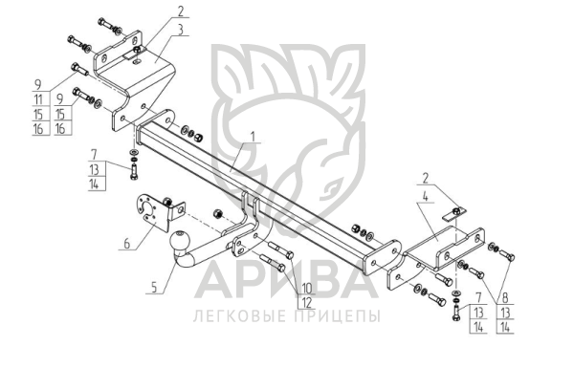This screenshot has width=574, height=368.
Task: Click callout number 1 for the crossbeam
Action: coord(253,137)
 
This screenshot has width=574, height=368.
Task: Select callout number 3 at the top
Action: coord(181,30)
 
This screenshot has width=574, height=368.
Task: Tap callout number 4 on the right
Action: coord(425,196)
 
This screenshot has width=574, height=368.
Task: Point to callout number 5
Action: coord(154,288)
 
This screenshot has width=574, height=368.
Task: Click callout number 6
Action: coord(126,243)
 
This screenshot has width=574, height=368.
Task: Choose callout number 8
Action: coord(505,298)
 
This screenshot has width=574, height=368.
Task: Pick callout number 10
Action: coord(307,289)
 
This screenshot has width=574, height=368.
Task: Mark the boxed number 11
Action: coord(38,99)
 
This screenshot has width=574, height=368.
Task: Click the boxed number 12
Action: coord(307,303)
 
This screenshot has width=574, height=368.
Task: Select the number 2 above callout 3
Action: coord(181,11)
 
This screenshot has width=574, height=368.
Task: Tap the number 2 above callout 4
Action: coord(426,179)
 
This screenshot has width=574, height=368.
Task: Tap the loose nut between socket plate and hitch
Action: coord(217,213)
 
